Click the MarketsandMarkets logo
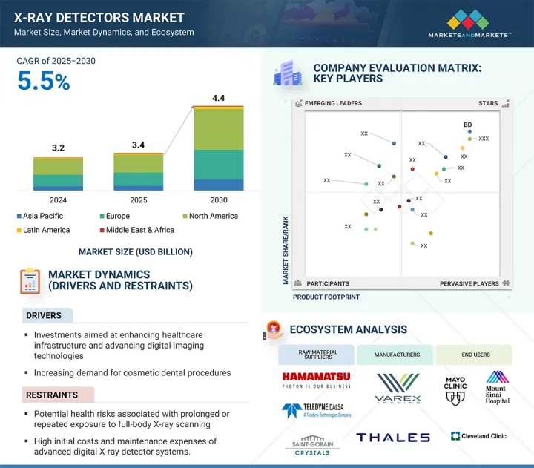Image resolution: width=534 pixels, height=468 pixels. click(469, 22)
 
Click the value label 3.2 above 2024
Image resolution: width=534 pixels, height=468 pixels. click(58, 148)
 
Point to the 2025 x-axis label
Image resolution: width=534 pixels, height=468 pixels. click(139, 200)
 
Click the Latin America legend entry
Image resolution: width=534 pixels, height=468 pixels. click(47, 230)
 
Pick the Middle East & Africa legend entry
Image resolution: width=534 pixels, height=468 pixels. click(139, 230)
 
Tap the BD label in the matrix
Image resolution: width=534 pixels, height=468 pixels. click(468, 125)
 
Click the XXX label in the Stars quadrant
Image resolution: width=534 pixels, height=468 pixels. click(484, 139)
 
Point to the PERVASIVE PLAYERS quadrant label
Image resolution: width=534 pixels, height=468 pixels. click(469, 283)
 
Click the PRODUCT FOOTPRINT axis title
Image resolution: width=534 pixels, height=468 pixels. click(326, 297)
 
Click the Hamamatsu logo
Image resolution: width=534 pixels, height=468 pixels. click(316, 380)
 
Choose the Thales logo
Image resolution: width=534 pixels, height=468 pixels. click(392, 438)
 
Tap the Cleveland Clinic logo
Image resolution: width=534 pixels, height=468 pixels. click(478, 436)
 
